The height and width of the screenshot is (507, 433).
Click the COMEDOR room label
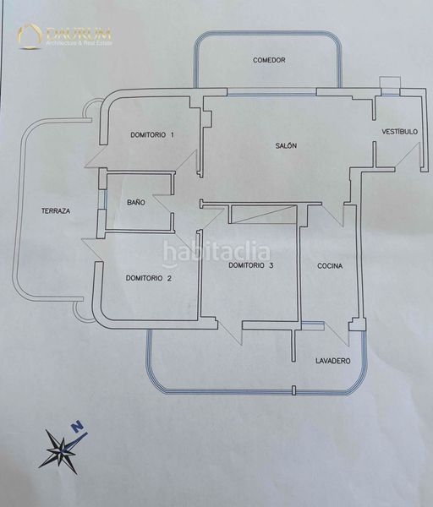coord(269,60)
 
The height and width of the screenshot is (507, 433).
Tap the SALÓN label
coord(286,146)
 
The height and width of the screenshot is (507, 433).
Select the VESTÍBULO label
coord(399,132)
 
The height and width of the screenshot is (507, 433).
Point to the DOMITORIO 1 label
coord(152,135)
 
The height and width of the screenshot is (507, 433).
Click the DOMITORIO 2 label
coord(149,278)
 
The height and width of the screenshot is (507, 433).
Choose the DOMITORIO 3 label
coord(251,265)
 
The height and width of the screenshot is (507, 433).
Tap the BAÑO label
coord(136,203)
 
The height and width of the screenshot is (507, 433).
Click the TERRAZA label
coord(56,211)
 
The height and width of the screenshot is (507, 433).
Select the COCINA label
coord(330,266)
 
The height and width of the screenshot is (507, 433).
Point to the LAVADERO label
coord(333,361)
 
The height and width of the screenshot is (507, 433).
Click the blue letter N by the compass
coord(77,427)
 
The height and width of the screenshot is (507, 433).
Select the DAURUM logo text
coord(79,34)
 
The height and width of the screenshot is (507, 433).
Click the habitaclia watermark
coord(216,253)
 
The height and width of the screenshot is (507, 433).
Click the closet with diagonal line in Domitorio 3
coord(263,214)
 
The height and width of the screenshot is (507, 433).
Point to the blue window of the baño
coord(102,199)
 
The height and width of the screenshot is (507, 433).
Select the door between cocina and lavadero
coord(337,335)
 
